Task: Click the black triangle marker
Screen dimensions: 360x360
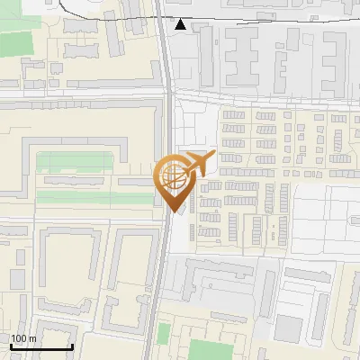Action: pos(181,24)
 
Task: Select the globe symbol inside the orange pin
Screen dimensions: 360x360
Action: pos(173,177)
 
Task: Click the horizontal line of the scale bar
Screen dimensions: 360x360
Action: pos(40,346)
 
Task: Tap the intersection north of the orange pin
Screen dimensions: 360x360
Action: pos(168,92)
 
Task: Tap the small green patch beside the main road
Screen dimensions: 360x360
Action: pos(163,334)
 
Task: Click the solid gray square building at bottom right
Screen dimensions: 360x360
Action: pos(288,328)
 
